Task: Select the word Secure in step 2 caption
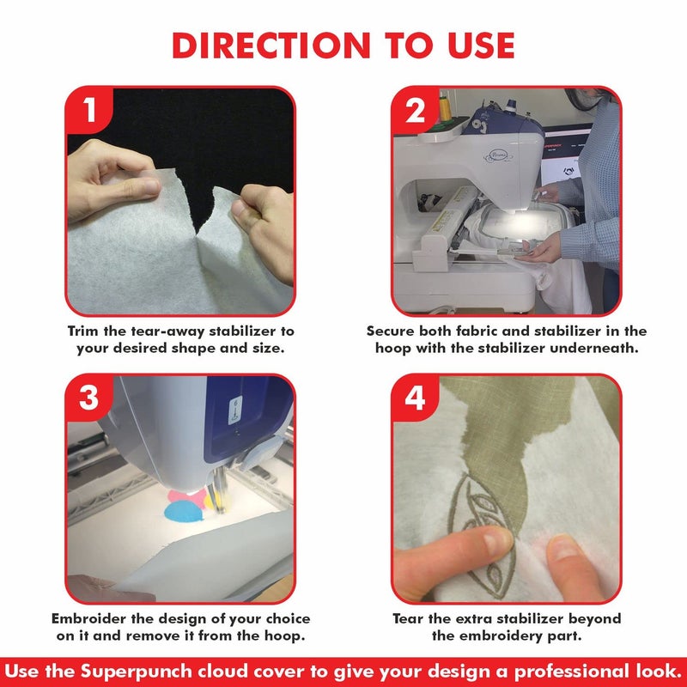[x=391, y=331]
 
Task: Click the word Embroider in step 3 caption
[x=90, y=618]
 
